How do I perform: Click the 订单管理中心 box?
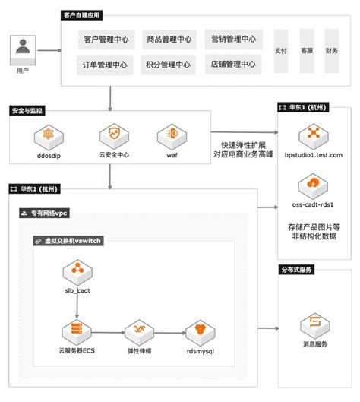pos(106,65)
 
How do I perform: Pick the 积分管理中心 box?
pos(169,65)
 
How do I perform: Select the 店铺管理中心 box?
pos(232,65)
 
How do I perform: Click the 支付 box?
pos(280,51)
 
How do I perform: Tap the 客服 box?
pos(306,51)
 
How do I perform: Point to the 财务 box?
pos(332,51)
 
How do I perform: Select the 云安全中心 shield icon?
pos(110,137)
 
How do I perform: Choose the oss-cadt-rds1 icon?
pos(313,184)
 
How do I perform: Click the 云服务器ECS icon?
pos(75,332)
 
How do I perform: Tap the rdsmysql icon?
pos(200,332)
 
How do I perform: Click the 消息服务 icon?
pos(314,328)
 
